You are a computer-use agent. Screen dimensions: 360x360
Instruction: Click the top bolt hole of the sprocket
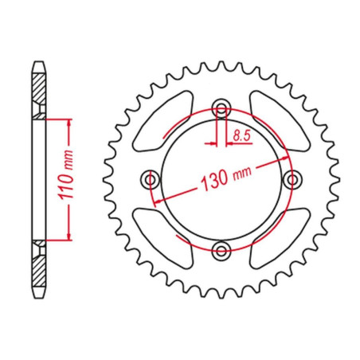pos(221,108)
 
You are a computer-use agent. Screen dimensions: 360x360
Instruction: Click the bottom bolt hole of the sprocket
pos(221,250)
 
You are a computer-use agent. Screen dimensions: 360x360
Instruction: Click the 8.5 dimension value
pos(241,136)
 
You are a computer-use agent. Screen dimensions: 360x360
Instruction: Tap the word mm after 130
pos(242,173)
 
